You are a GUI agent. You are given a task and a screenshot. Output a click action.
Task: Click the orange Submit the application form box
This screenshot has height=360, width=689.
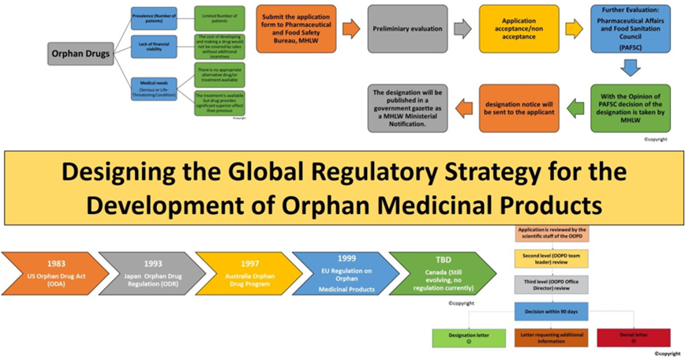click(296, 28)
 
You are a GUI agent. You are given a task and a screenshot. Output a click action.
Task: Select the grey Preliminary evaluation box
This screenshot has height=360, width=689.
click(407, 28)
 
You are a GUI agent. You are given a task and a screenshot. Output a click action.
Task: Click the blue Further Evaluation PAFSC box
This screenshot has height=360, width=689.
click(630, 28)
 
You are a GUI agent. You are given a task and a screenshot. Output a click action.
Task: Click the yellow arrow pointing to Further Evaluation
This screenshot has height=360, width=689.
click(574, 29)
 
